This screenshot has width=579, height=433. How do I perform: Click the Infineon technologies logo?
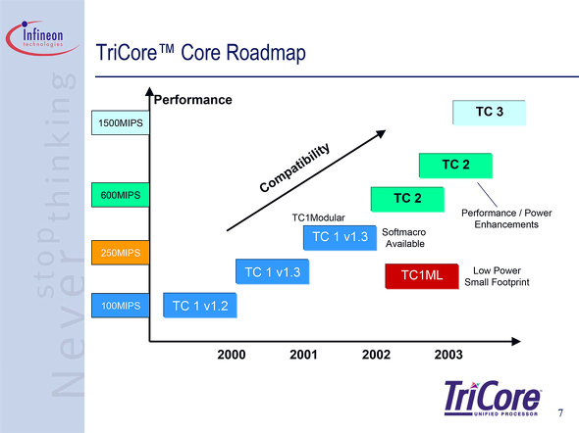pos(43,38)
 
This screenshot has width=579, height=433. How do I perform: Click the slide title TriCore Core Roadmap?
pos(201,52)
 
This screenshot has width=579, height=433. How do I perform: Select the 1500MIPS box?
pos(121,122)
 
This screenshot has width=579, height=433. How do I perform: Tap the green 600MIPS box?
pos(121,195)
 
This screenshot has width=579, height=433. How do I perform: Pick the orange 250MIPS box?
pos(121,253)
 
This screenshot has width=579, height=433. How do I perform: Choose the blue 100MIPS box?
pos(121,306)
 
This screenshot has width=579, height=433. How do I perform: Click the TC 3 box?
pos(490,113)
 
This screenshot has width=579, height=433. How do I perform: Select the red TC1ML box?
pos(422,276)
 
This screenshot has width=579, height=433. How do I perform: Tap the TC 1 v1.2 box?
pos(200,305)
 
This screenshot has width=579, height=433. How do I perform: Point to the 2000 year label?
pos(232,355)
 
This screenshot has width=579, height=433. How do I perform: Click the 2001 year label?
pos(303,355)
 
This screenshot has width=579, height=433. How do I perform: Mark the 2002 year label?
pos(376,355)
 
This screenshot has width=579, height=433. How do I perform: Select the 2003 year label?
pos(448,355)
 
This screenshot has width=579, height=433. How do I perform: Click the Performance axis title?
pos(192,100)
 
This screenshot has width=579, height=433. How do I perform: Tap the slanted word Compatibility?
pos(294,168)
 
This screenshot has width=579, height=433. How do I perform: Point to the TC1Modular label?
pos(318,217)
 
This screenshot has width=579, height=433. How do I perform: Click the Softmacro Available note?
pos(404,238)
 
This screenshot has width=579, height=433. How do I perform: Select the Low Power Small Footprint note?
pos(497,276)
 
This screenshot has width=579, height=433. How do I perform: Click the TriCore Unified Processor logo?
pos(493,399)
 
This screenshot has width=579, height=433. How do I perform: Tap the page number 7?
pos(560,412)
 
